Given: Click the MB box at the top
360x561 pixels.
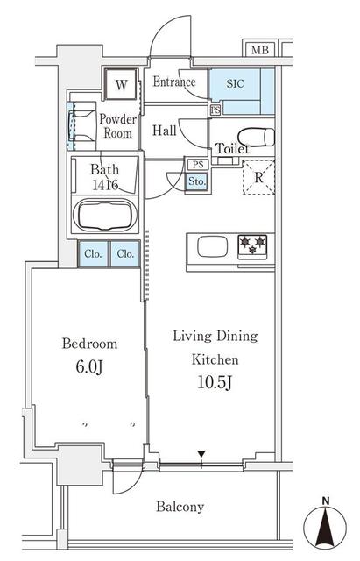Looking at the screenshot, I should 260,50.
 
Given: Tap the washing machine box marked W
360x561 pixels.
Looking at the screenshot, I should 120,86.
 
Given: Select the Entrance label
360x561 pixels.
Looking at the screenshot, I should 175,82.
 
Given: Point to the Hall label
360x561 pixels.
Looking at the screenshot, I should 165,131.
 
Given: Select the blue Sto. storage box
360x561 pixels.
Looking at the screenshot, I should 197,181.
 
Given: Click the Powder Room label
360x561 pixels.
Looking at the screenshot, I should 116,126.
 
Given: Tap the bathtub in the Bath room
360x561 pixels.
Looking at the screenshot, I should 107,216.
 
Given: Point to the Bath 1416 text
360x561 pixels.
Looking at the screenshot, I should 104,178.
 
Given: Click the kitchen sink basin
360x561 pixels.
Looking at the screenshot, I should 213,247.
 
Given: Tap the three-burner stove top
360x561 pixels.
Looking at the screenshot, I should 253,246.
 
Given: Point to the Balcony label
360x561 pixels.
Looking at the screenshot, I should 180,506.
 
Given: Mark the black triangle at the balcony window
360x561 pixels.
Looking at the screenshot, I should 201,454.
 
